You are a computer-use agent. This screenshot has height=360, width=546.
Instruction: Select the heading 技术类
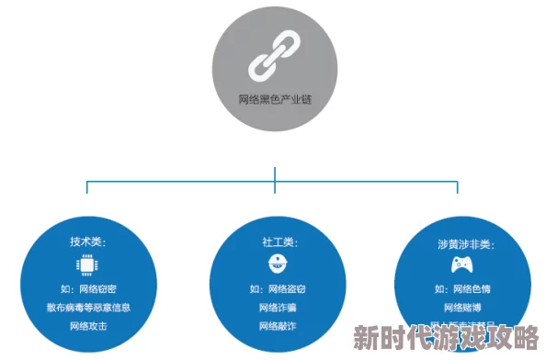(x=88, y=242)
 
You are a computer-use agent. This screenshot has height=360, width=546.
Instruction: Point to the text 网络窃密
(x=88, y=289)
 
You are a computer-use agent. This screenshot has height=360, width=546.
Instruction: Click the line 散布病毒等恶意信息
(x=88, y=307)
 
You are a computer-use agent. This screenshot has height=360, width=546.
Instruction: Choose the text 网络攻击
(x=88, y=325)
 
